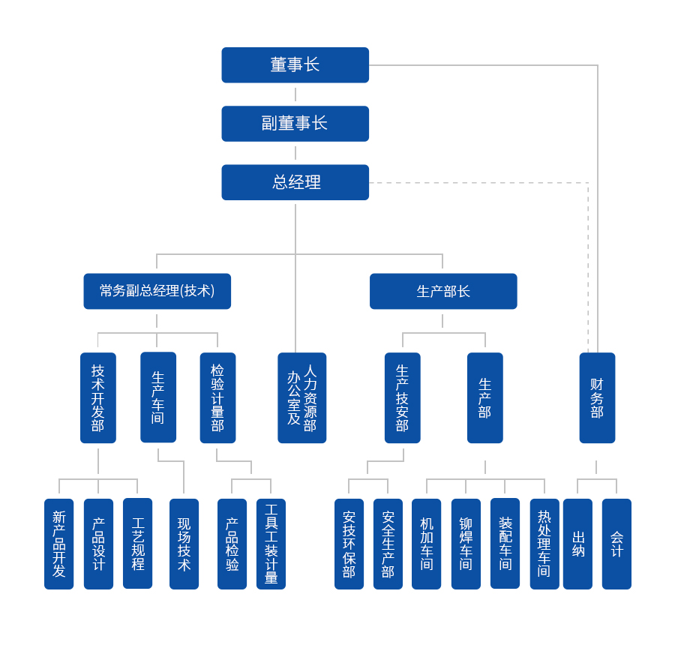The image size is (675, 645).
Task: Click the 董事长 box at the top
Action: tap(295, 65)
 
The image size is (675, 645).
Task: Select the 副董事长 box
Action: tap(295, 124)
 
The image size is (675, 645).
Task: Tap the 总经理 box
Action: tap(295, 182)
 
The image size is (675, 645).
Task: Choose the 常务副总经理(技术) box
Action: tap(157, 291)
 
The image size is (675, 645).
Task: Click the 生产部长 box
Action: tap(442, 291)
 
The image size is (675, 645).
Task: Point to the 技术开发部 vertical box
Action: tap(98, 397)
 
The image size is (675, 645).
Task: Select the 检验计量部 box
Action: tap(217, 397)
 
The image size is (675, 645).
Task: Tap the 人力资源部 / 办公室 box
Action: tap(301, 397)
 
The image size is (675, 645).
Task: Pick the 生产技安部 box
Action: tap(402, 397)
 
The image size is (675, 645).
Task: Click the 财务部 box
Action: tap(597, 397)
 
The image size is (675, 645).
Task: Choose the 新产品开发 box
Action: tap(58, 544)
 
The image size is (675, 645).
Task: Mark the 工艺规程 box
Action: tap(137, 544)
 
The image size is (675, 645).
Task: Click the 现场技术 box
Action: tap(184, 544)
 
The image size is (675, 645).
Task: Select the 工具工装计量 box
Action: tap(271, 544)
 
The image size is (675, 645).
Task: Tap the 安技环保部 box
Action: tap(349, 544)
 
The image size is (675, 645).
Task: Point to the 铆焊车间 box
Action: tap(466, 544)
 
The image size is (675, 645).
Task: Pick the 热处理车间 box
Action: tap(544, 544)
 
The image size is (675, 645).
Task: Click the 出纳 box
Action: tap(577, 544)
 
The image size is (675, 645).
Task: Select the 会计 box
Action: tap(616, 544)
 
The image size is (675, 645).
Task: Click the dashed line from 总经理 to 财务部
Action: tap(480, 183)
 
